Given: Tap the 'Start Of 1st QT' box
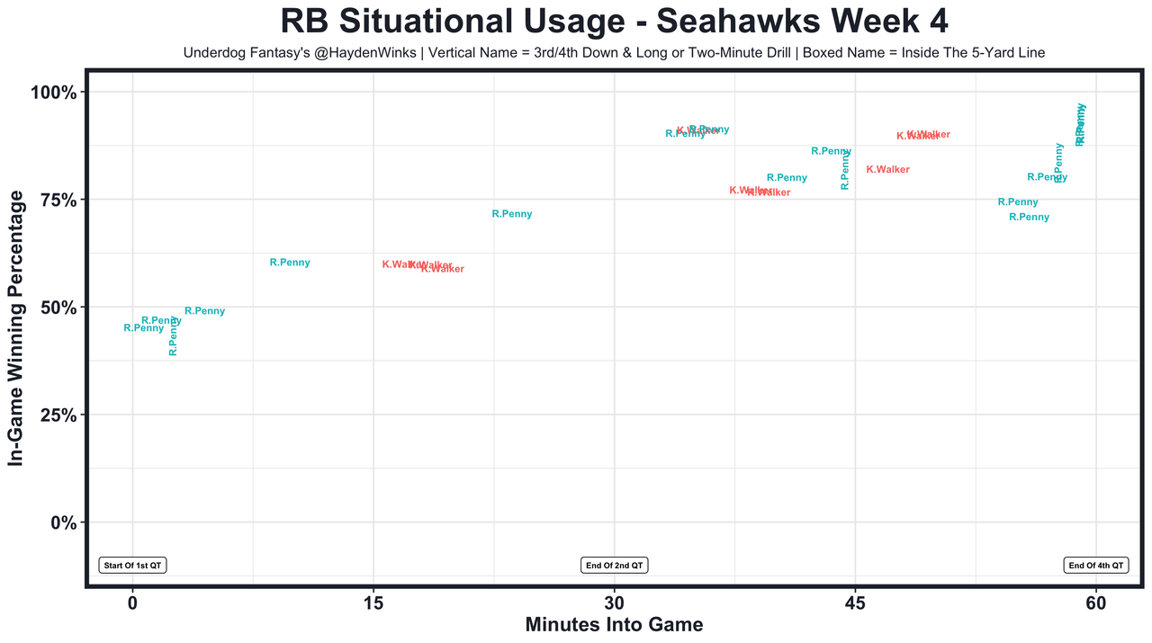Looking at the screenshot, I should [133, 566].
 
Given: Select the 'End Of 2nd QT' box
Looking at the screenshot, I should [615, 566].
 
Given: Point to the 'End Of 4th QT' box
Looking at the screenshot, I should [1096, 566].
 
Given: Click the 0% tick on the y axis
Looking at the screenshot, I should [65, 522].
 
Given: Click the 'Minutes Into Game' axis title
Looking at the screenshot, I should [614, 624].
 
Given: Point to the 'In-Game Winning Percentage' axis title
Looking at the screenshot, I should [15, 328].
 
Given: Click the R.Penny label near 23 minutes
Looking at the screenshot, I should [512, 214].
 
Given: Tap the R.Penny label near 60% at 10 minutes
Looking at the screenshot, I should [290, 263].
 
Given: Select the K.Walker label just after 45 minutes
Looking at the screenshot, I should [887, 169].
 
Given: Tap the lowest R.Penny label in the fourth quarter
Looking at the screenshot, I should [1029, 217].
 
